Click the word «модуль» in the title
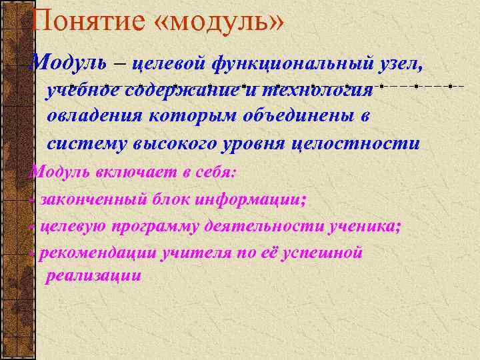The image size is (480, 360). [219, 22]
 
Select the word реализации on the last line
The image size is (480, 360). [93, 276]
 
